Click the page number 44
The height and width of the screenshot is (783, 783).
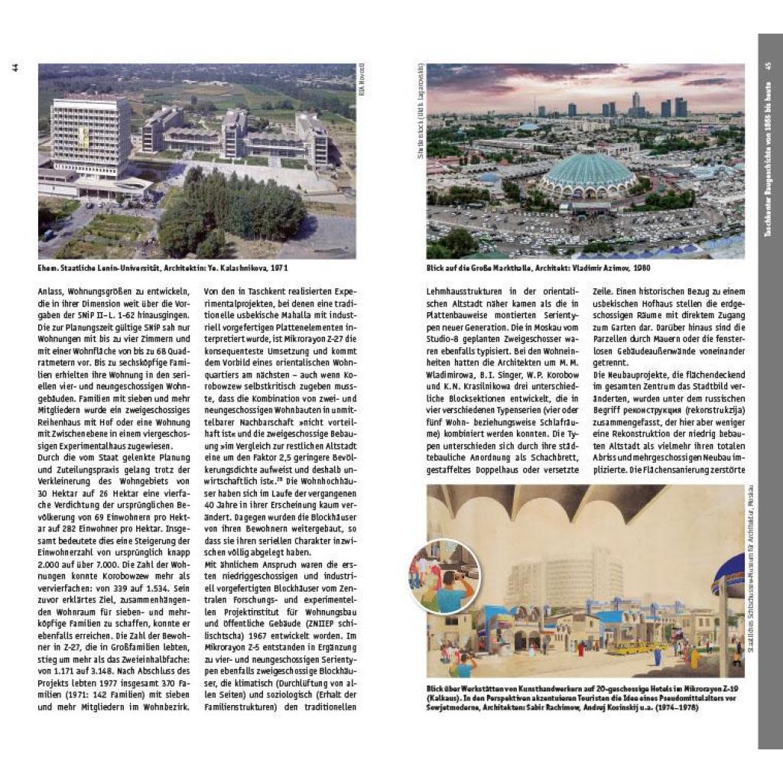15,67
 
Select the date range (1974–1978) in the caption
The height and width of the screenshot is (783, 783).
671,708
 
